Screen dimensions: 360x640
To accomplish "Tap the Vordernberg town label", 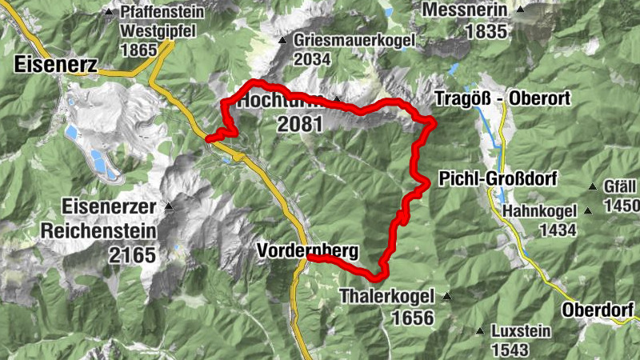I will tap(307, 250).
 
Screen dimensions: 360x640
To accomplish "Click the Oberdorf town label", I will tap(598, 310).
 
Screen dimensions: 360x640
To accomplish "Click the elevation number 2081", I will tap(300, 124).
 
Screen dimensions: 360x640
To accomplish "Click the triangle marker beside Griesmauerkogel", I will tap(282, 40).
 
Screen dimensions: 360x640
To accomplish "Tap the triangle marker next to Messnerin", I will tap(521, 10).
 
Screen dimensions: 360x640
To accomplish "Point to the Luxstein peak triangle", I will tap(480, 331).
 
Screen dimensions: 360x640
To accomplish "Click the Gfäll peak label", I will tap(621, 186).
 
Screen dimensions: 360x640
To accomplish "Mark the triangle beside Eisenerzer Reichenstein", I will tap(169, 207).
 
